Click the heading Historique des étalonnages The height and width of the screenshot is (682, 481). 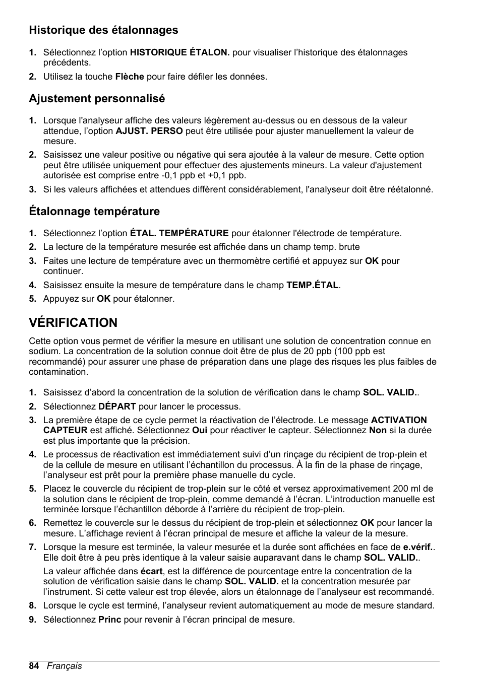(x=103, y=30)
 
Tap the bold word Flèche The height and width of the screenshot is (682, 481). (x=130, y=77)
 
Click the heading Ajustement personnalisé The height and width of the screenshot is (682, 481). (x=97, y=99)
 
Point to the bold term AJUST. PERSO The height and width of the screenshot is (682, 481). (x=149, y=131)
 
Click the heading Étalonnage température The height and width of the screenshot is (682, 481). (x=94, y=211)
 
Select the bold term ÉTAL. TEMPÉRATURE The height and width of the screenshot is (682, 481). (x=179, y=233)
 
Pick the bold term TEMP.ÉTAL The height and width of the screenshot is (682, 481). (x=313, y=285)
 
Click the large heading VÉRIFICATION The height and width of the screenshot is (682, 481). (x=73, y=322)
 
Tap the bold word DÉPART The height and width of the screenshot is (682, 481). (x=117, y=406)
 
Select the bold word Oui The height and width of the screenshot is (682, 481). (x=200, y=431)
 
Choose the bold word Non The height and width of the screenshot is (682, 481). (x=378, y=431)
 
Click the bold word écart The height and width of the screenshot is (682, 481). (x=151, y=571)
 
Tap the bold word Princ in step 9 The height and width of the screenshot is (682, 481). (x=110, y=620)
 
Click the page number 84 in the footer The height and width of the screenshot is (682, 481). (x=34, y=666)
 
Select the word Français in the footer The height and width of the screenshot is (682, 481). (x=65, y=666)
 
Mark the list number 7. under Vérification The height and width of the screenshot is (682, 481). (x=33, y=547)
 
